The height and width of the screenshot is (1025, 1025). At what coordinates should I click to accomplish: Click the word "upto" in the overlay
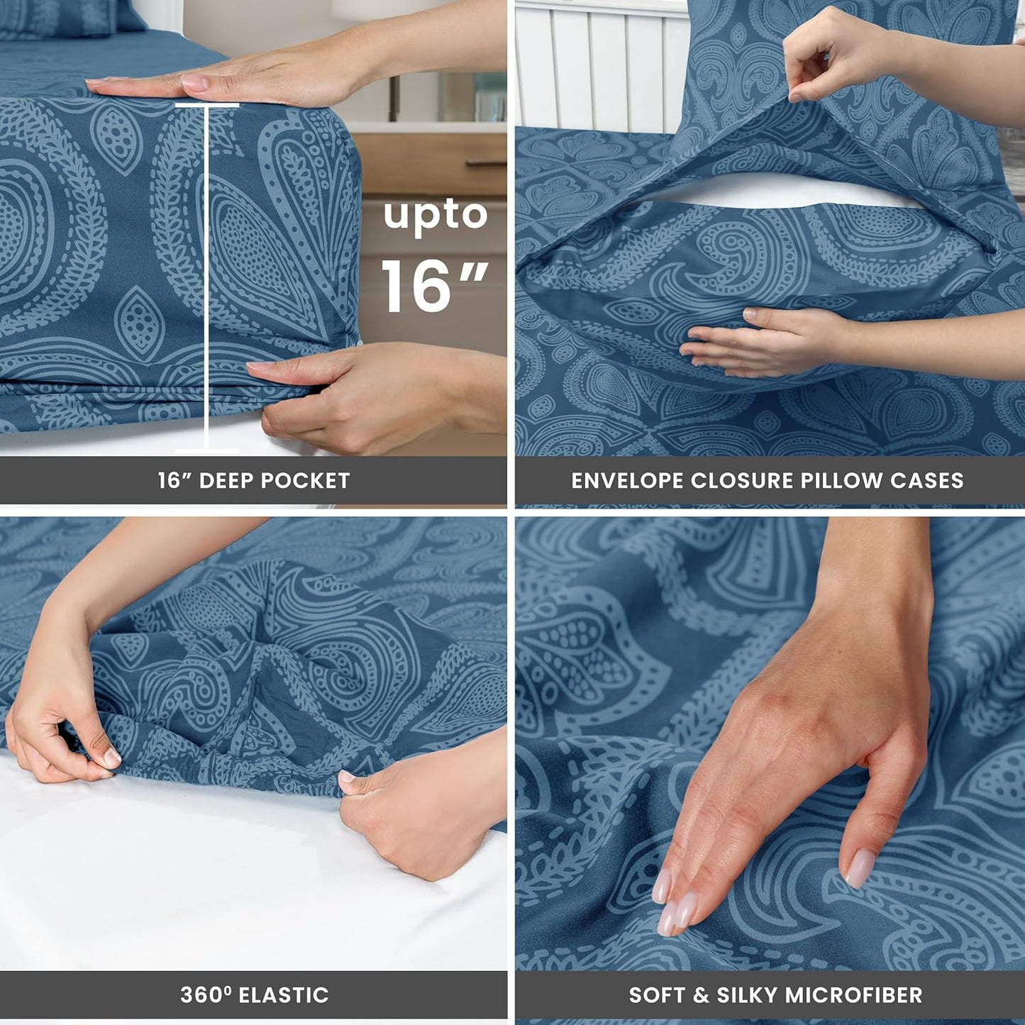click(x=436, y=216)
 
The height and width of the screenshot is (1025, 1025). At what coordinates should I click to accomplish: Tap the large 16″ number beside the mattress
click(x=434, y=285)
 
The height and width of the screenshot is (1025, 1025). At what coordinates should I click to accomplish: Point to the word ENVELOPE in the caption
click(x=627, y=481)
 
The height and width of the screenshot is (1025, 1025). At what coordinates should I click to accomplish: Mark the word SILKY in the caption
click(x=748, y=994)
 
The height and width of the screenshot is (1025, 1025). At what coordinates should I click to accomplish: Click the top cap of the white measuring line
click(x=206, y=106)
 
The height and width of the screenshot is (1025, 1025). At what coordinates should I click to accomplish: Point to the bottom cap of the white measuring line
click(x=206, y=450)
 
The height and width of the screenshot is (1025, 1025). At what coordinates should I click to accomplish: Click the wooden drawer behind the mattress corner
click(x=433, y=163)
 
